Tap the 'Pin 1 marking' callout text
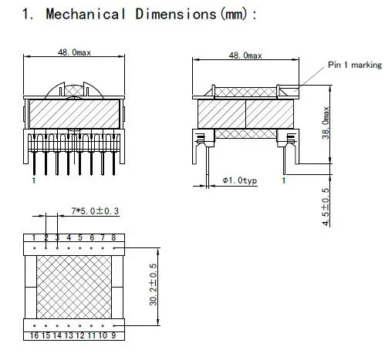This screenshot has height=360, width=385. pos(355,66)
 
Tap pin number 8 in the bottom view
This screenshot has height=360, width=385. pos(113,237)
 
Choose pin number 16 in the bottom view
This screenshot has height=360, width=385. pos(35,336)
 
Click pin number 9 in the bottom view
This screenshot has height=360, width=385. pos(113,336)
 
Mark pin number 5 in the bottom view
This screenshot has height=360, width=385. pos(80,237)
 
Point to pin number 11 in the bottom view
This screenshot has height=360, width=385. pos(92,336)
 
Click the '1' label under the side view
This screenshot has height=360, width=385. pos(284,180)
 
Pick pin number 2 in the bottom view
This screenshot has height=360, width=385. pos(46,237)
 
